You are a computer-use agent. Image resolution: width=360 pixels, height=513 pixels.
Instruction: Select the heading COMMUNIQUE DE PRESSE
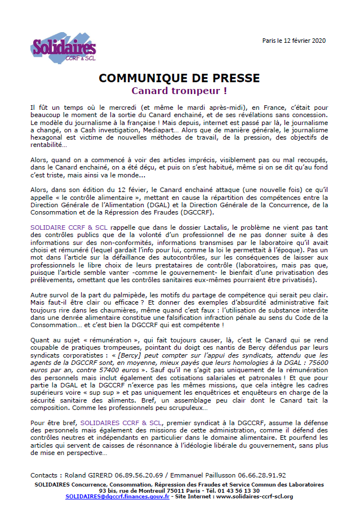[179, 78]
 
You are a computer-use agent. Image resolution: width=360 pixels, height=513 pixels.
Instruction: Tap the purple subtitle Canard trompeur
[179, 90]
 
